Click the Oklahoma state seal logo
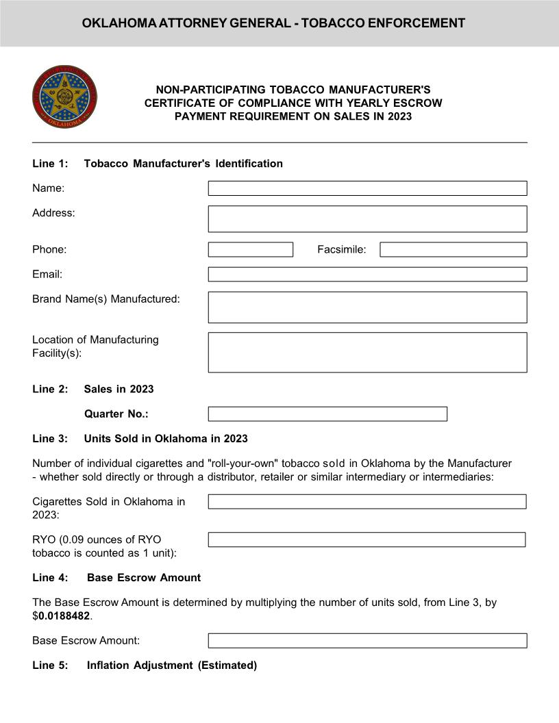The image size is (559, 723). click(64, 96)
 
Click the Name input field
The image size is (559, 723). click(367, 188)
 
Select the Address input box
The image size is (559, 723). click(367, 218)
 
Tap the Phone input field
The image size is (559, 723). click(250, 249)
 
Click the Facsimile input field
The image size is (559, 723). click(453, 249)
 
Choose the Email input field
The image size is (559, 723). click(367, 274)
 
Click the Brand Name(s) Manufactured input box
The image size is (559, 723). click(367, 307)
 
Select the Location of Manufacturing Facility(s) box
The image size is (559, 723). click(367, 352)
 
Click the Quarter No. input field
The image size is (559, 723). click(327, 414)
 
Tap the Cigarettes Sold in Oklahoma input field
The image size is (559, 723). click(367, 502)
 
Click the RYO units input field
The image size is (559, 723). click(367, 540)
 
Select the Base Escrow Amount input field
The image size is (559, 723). click(367, 641)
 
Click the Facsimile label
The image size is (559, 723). click(341, 250)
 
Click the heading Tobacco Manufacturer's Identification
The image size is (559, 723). click(183, 164)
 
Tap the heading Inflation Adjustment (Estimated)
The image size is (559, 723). click(171, 665)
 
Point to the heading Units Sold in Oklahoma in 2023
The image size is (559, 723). click(166, 438)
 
